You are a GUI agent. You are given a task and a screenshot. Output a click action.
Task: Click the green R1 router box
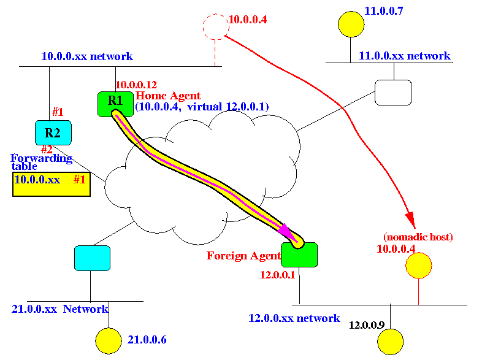point(115,103)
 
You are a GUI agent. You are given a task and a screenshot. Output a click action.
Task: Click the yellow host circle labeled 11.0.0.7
point(351,24)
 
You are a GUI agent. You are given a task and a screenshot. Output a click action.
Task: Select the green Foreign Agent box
point(299,255)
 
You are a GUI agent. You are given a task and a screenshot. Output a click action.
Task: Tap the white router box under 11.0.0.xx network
point(392,93)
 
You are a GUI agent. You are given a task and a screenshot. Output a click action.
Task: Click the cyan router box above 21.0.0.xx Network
point(92,258)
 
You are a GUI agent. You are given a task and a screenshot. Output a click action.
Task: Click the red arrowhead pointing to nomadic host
point(410,221)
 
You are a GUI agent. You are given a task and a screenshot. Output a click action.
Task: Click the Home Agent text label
point(167,95)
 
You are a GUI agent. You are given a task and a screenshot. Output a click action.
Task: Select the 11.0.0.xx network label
point(404,56)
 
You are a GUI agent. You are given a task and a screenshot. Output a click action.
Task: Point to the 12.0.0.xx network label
point(294,318)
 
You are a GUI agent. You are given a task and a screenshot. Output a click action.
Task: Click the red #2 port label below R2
point(47,149)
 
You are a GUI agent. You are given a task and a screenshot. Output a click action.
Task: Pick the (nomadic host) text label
point(418,237)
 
